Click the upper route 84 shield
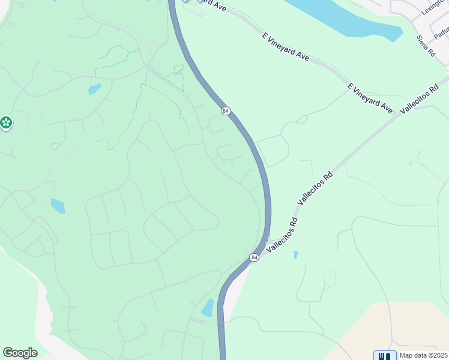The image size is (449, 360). tap(226, 111)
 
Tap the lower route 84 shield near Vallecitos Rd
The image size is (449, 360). tap(255, 257)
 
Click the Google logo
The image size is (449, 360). tap(20, 353)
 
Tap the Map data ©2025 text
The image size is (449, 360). tap(424, 355)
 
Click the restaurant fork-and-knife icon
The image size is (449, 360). tap(384, 355)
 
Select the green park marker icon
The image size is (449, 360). tap(6, 123)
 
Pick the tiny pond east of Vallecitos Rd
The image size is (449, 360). tap(295, 255)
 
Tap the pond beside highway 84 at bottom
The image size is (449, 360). tap(208, 308)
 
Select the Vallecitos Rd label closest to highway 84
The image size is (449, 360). tap(281, 233)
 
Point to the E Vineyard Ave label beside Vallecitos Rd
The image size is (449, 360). tap(370, 99)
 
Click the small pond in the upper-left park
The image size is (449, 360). tap(94, 89)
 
